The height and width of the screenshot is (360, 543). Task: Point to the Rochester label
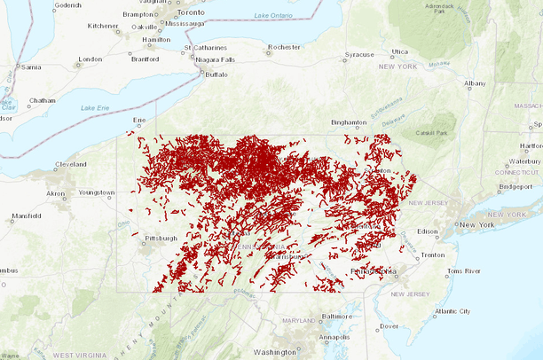coord(285,46)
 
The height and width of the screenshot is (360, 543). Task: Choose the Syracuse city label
coord(358,55)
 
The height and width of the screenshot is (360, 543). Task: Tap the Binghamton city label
coord(348,121)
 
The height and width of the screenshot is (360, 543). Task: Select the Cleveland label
coord(69,164)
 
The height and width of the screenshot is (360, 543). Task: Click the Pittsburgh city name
coord(161,238)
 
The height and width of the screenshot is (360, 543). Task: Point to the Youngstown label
coord(97,192)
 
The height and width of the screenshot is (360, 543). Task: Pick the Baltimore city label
coord(338,316)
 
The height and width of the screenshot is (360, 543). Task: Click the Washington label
coord(274,352)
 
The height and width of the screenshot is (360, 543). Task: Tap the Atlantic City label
coord(452,311)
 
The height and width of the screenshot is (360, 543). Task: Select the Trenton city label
coord(434,254)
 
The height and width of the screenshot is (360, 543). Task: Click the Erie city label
coord(138,119)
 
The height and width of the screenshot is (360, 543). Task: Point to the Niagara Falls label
coord(215,59)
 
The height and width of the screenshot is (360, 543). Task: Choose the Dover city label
coord(389,326)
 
